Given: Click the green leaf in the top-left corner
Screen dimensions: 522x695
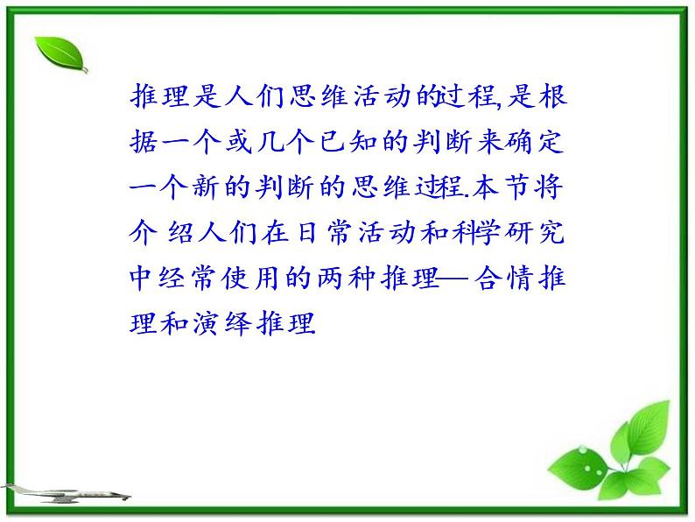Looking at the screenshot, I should pos(61,55).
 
